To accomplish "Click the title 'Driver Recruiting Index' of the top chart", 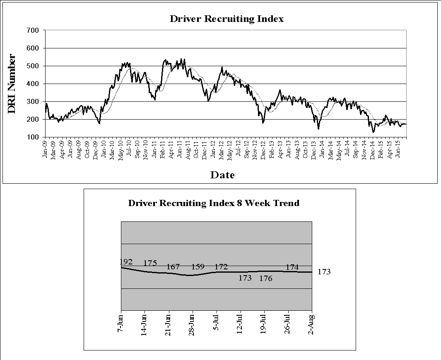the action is pyautogui.click(x=227, y=19).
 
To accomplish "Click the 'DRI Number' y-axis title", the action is pyautogui.click(x=12, y=84).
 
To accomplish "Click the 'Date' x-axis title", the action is pyautogui.click(x=222, y=175).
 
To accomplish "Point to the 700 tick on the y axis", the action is pyautogui.click(x=33, y=30).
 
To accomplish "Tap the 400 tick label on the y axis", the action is pyautogui.click(x=33, y=84).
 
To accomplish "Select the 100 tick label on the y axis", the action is pyautogui.click(x=33, y=137).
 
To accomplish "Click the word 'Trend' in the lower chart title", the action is pyautogui.click(x=286, y=203).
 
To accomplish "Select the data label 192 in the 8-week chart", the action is pyautogui.click(x=126, y=262).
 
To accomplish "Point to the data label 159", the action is pyautogui.click(x=198, y=266).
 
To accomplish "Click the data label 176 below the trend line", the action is pyautogui.click(x=266, y=278).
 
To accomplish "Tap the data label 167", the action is pyautogui.click(x=173, y=267).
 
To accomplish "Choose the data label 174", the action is pyautogui.click(x=292, y=267).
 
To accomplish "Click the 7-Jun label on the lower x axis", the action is pyautogui.click(x=121, y=323).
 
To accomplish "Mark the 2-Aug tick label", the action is pyautogui.click(x=311, y=324).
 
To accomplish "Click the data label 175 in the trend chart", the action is pyautogui.click(x=150, y=263).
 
